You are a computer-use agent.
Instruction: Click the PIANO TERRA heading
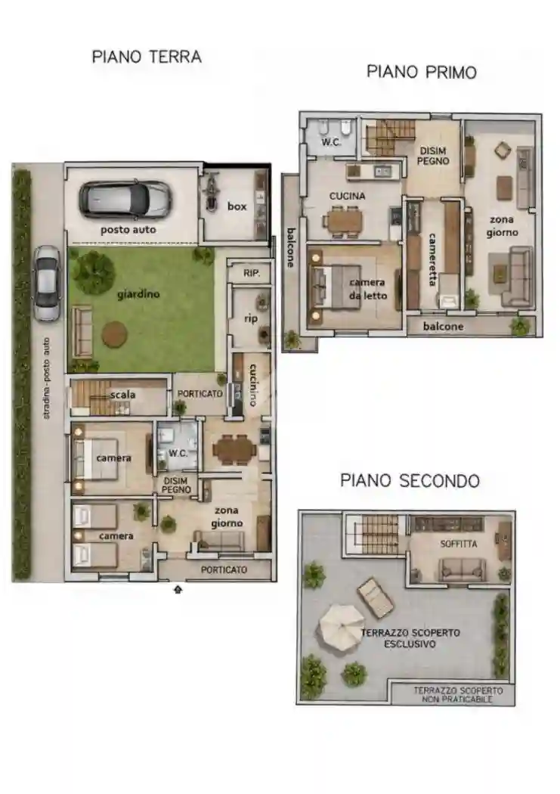(147, 57)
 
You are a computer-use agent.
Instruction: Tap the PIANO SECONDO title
(410, 480)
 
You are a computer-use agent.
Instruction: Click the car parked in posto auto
(125, 200)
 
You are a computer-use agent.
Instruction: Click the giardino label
(138, 293)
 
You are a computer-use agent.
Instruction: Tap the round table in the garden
(114, 333)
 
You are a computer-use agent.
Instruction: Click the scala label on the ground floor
(123, 395)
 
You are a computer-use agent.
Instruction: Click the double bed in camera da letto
(336, 286)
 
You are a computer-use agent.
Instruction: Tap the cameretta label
(432, 259)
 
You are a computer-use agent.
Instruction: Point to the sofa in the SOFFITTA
(462, 569)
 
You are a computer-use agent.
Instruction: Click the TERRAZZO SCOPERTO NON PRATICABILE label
(458, 695)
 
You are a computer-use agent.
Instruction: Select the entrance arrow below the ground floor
(178, 589)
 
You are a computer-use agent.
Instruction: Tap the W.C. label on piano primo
(331, 142)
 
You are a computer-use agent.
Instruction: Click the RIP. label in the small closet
(252, 273)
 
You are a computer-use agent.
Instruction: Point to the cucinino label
(253, 384)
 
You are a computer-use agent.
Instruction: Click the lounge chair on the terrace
(375, 597)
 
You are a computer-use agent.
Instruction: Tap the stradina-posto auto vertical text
(47, 378)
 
